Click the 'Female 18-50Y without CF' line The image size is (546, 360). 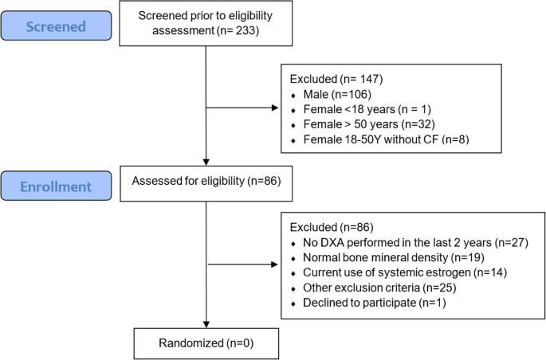370,139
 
